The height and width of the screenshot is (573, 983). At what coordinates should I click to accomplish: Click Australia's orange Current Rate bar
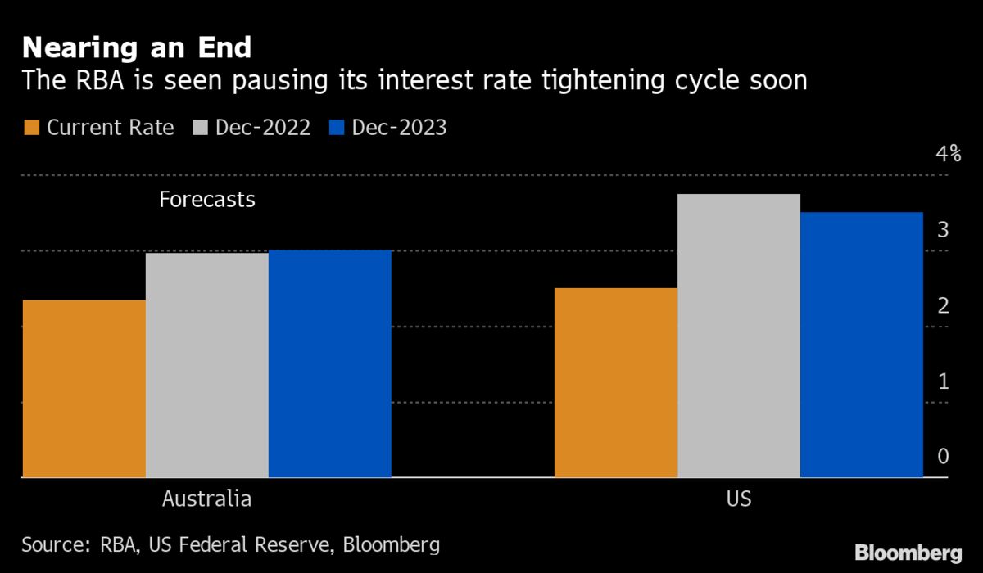pyautogui.click(x=84, y=388)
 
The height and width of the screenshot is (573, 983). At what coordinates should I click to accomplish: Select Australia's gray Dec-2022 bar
pyautogui.click(x=207, y=365)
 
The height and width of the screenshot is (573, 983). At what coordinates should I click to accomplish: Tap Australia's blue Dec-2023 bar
pyautogui.click(x=330, y=363)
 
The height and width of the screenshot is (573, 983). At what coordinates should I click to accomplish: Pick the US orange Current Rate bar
pyautogui.click(x=616, y=382)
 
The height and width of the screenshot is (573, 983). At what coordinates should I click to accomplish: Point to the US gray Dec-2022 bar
pyautogui.click(x=739, y=336)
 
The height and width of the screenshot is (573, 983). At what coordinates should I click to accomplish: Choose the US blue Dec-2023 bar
pyautogui.click(x=862, y=345)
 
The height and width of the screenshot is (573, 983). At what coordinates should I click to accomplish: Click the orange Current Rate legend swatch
pyautogui.click(x=32, y=128)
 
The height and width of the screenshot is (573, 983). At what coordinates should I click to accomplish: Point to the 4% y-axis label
pyautogui.click(x=949, y=154)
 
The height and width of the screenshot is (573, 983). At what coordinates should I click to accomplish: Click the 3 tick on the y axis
pyautogui.click(x=944, y=230)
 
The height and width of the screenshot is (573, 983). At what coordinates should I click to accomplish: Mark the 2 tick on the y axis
pyautogui.click(x=944, y=306)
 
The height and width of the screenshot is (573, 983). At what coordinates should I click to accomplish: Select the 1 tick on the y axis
pyautogui.click(x=944, y=381)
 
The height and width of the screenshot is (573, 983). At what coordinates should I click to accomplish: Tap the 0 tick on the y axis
pyautogui.click(x=944, y=457)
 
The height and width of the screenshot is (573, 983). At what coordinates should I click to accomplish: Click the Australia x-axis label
pyautogui.click(x=206, y=499)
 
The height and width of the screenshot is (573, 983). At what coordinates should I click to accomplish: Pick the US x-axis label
pyautogui.click(x=738, y=499)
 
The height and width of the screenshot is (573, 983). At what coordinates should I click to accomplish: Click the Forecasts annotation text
pyautogui.click(x=207, y=199)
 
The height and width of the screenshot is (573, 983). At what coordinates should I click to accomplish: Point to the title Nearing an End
pyautogui.click(x=137, y=48)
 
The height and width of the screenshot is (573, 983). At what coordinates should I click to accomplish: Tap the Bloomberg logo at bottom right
pyautogui.click(x=909, y=553)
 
